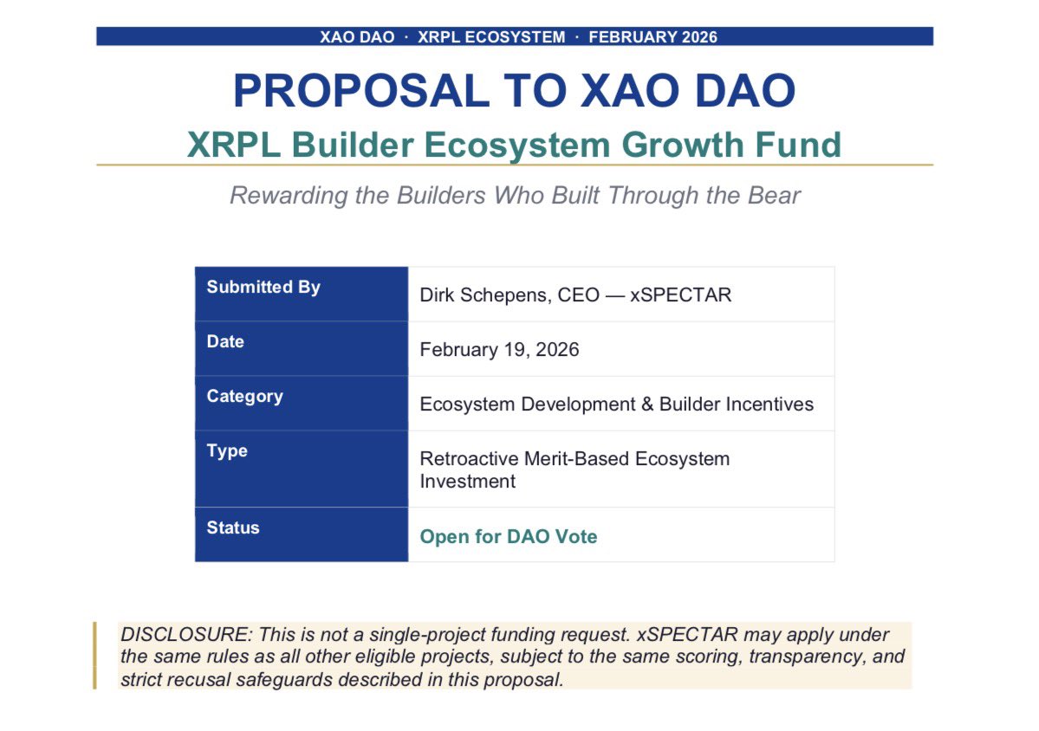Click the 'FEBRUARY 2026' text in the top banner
[653, 37]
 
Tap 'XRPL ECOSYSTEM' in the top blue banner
[490, 37]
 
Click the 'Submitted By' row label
[263, 288]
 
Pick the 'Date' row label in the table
[225, 342]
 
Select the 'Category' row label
[244, 397]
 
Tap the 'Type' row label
[227, 451]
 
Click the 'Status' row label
[233, 527]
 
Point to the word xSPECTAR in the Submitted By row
[680, 295]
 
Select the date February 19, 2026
[499, 350]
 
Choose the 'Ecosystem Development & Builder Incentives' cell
[616, 404]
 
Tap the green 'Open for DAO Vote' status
[509, 537]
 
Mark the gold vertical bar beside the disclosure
[94, 656]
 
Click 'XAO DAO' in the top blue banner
[357, 37]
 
